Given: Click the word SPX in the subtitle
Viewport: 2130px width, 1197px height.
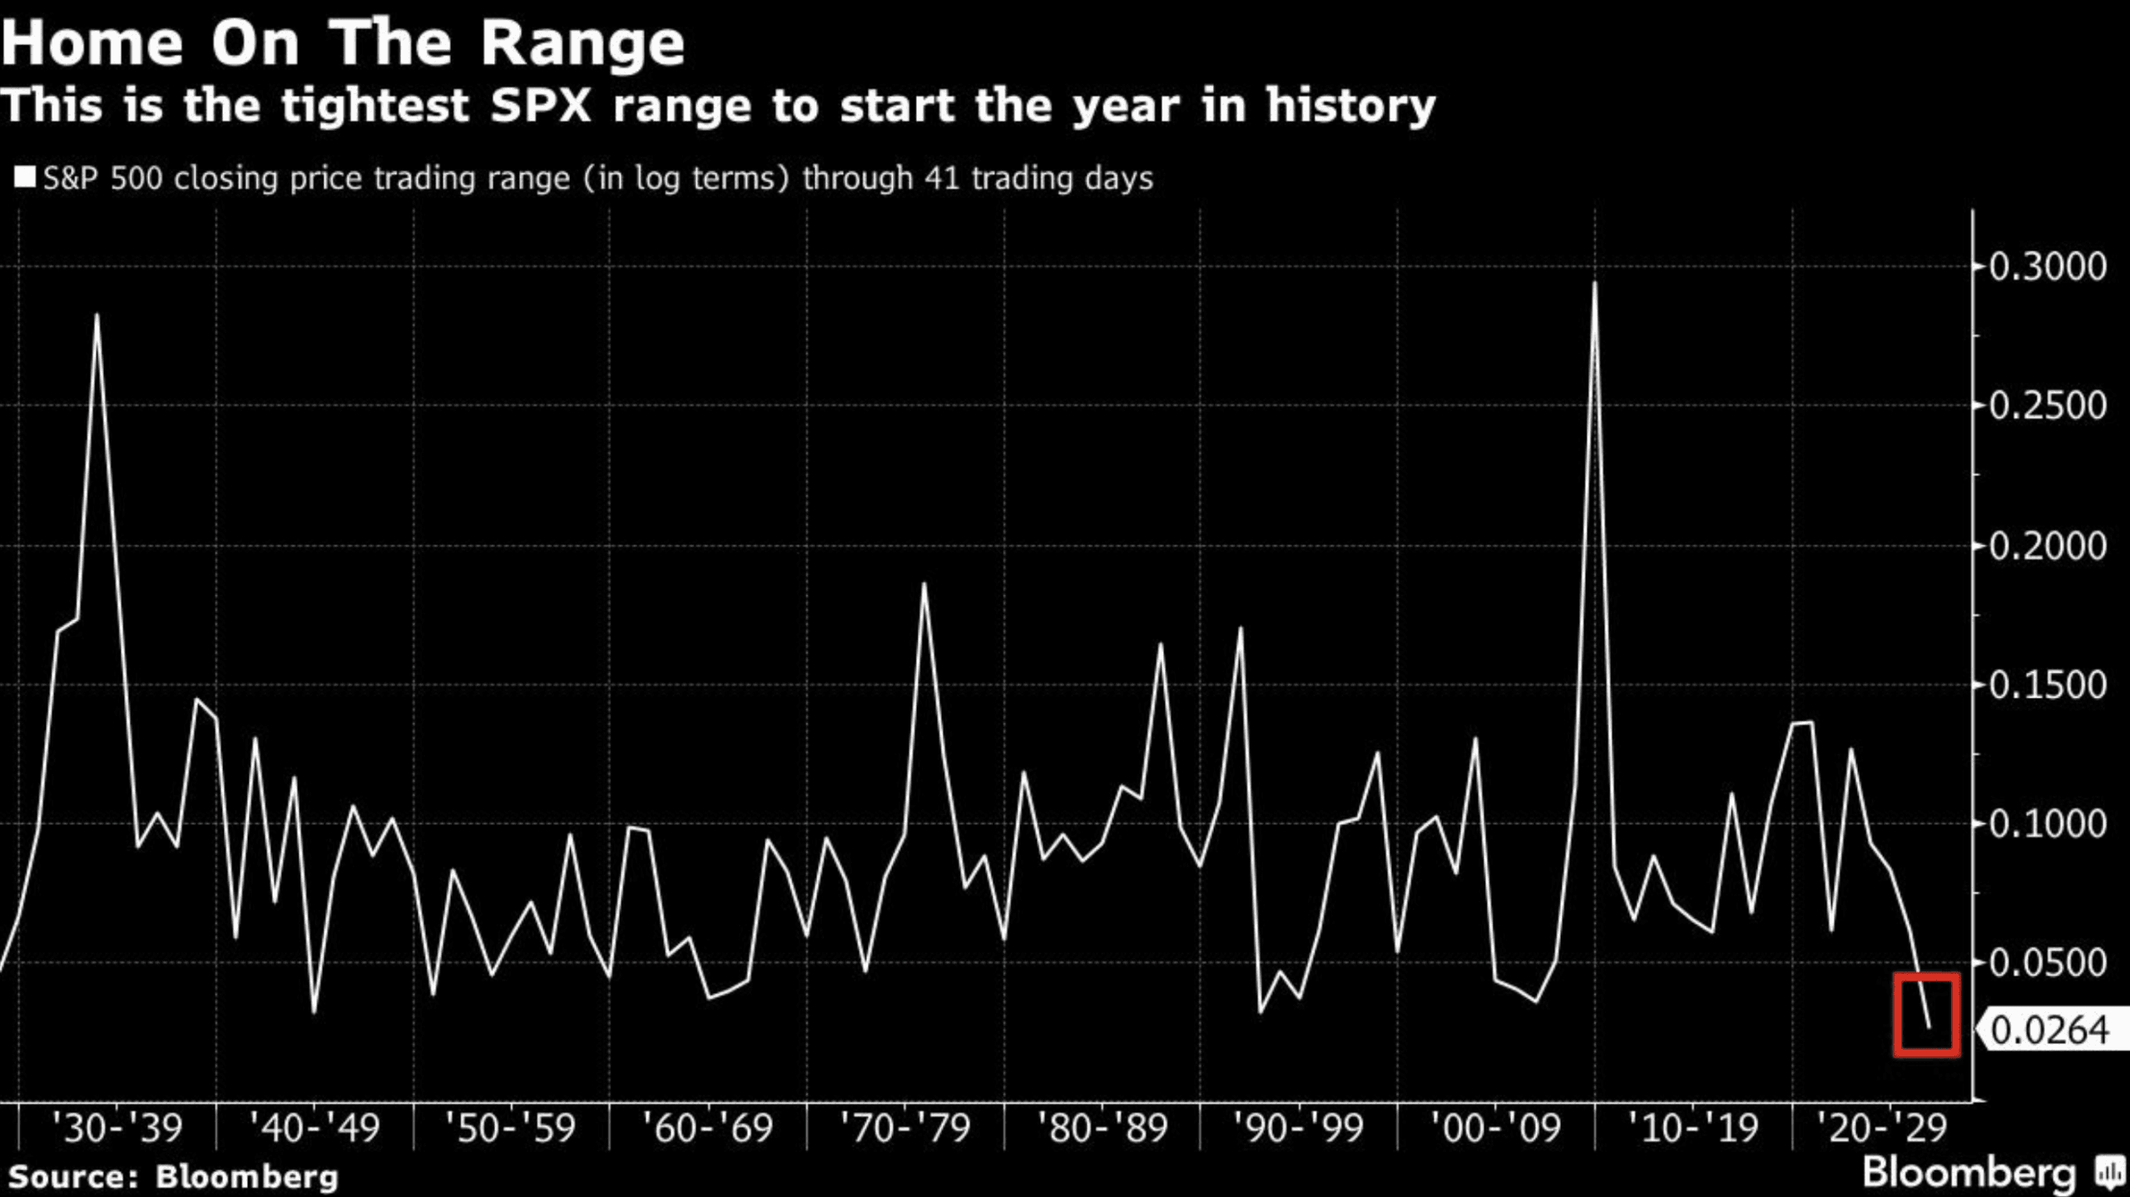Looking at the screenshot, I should [x=541, y=107].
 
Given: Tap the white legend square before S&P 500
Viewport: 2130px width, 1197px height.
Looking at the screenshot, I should [x=25, y=177].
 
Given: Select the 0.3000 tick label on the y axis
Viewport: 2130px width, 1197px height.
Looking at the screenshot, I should [x=2048, y=267].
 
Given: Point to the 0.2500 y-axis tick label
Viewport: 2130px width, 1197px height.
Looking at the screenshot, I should [x=2048, y=406].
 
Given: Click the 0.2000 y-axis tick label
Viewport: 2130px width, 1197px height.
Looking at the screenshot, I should [x=2048, y=547].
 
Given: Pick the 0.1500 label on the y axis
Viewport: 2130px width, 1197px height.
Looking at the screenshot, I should [x=2048, y=686].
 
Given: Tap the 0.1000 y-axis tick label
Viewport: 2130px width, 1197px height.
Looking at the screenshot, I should [x=2048, y=825].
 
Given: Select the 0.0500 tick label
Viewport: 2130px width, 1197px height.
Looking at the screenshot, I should [x=2048, y=963].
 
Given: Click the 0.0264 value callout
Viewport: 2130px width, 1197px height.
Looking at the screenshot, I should [x=2049, y=1031].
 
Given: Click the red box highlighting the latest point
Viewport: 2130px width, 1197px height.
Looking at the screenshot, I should [x=1926, y=1014].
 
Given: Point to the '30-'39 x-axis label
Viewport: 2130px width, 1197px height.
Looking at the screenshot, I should [x=116, y=1129].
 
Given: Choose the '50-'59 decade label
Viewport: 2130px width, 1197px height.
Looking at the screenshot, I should [x=509, y=1129].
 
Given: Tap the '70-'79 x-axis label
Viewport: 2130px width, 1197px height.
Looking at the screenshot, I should [x=904, y=1129].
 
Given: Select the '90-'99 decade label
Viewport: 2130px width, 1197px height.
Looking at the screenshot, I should [x=1298, y=1129].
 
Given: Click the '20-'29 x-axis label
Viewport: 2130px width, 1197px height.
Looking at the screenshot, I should [x=1882, y=1129].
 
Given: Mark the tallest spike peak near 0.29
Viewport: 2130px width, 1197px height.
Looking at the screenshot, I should [x=1594, y=284].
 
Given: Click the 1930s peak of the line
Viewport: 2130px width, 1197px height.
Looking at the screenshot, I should [x=97, y=315].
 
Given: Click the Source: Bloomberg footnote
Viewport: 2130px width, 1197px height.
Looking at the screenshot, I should [x=173, y=1177].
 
